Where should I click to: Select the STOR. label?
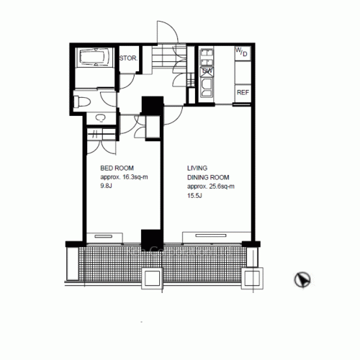point(129,58)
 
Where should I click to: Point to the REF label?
point(243,92)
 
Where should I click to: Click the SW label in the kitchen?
point(207,71)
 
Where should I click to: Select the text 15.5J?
point(194,194)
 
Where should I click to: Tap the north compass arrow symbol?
point(303,279)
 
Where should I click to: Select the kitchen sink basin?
point(207,86)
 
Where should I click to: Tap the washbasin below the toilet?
point(99,117)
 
